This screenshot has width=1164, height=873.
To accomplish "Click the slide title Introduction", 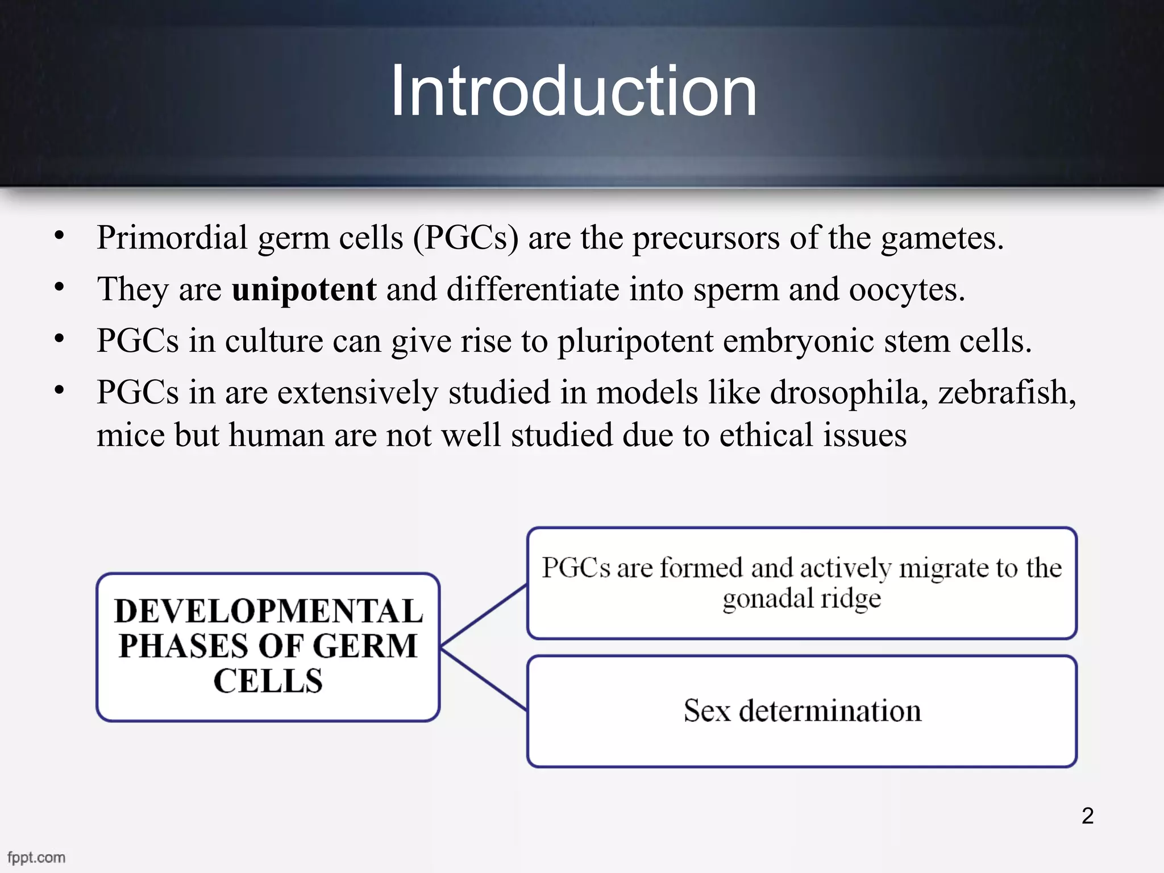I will [573, 91].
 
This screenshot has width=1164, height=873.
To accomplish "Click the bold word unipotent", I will [304, 289].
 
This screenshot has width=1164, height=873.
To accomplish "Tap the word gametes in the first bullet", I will [942, 238].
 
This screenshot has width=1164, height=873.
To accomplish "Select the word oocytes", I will [906, 290].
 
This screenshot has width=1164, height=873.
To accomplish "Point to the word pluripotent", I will [635, 342].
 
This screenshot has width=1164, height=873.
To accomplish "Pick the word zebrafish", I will [1006, 393].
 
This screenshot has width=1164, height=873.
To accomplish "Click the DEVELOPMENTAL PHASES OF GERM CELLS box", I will [268, 647].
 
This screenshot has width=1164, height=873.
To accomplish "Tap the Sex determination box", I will [802, 711].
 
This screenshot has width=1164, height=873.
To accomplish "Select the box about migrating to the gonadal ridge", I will [802, 583].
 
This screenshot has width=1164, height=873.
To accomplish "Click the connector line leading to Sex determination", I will [484, 679].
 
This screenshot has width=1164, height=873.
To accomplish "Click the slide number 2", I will [1087, 816].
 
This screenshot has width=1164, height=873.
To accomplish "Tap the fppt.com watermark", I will [36, 857].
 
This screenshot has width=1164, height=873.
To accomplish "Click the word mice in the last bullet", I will [130, 436].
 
